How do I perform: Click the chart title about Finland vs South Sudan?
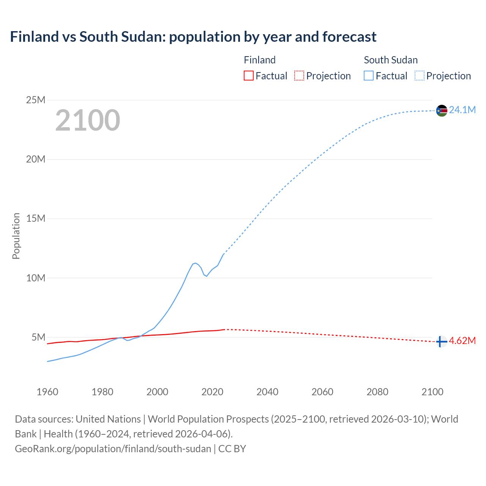193,37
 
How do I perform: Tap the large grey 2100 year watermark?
88,120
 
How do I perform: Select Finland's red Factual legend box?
248,76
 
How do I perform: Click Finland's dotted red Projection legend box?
299,76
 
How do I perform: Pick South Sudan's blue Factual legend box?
369,76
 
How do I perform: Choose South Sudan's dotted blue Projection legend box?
419,76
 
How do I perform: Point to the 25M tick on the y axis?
36,100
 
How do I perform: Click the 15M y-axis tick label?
36,218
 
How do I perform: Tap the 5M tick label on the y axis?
38,337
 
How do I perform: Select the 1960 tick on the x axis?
47,392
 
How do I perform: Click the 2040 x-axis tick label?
267,392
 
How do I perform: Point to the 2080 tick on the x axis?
377,392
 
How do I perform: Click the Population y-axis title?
16,236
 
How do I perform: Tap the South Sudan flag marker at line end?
442,110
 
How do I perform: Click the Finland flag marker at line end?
441,342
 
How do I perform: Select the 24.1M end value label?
462,110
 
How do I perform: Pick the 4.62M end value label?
462,341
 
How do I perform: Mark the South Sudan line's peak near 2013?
195,263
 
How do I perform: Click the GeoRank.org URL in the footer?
113,448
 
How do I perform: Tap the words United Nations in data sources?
108,419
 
